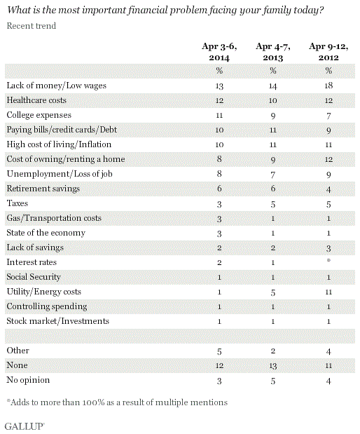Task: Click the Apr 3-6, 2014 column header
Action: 219,52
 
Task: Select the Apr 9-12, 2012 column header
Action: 328,52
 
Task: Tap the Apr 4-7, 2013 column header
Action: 273,52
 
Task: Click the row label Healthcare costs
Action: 36,100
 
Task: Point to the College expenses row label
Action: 39,115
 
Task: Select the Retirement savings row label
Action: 43,189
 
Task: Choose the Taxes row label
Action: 17,203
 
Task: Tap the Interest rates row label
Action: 32,262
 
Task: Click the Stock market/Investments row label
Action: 58,321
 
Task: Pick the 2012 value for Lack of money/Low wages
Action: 328,86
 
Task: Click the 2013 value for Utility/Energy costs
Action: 273,292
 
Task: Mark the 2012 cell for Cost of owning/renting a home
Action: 328,159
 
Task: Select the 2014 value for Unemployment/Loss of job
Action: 219,174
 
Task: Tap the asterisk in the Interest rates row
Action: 328,260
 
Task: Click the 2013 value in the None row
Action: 273,366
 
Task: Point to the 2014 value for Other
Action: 219,351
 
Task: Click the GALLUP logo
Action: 25,426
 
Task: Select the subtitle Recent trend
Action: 32,26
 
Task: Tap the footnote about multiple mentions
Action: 117,402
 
